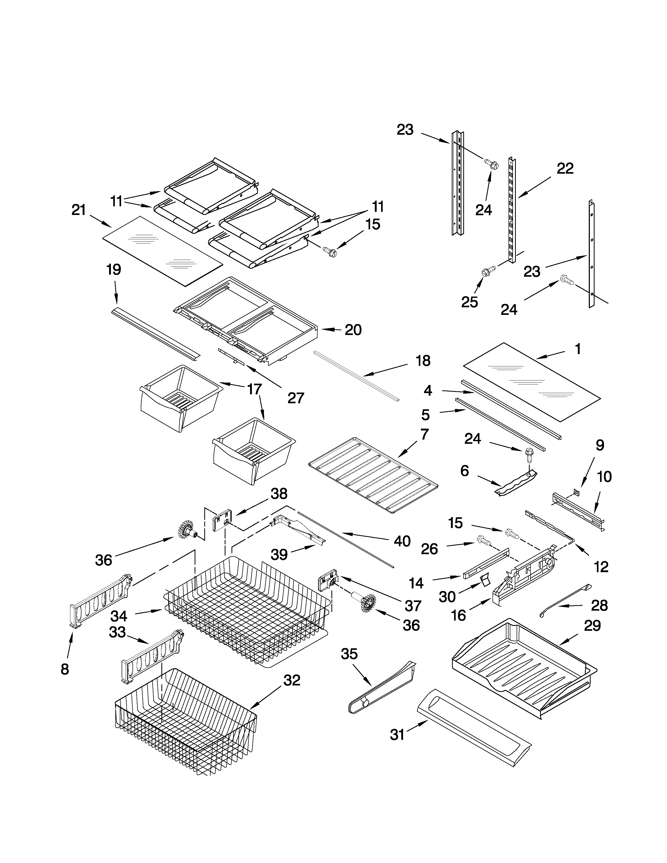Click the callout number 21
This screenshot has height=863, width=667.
point(79,210)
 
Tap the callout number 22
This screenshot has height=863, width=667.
point(565,169)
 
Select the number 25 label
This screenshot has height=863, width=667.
point(470,302)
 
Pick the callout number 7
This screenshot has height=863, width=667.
point(424,434)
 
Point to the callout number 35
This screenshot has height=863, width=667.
point(349,654)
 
